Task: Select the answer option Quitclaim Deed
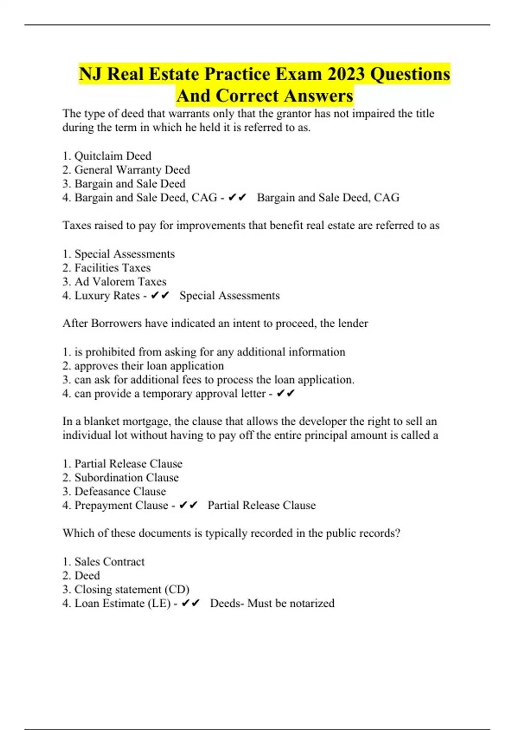[x=112, y=156]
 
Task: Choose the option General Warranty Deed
[x=132, y=170]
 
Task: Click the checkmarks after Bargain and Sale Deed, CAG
[x=237, y=198]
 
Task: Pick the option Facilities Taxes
[x=112, y=268]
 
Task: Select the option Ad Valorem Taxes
[x=120, y=282]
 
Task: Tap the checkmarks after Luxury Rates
[x=160, y=295]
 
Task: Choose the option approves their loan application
[x=149, y=366]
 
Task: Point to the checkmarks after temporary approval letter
[x=286, y=393]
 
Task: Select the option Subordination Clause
[x=126, y=478]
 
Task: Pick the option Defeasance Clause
[x=120, y=491]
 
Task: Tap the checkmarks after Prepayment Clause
[x=188, y=505]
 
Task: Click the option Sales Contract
[x=109, y=562]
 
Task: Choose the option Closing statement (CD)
[x=132, y=590]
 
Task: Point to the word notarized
[x=312, y=603]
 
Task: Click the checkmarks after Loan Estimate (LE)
[x=191, y=603]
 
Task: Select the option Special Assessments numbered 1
[x=124, y=254]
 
